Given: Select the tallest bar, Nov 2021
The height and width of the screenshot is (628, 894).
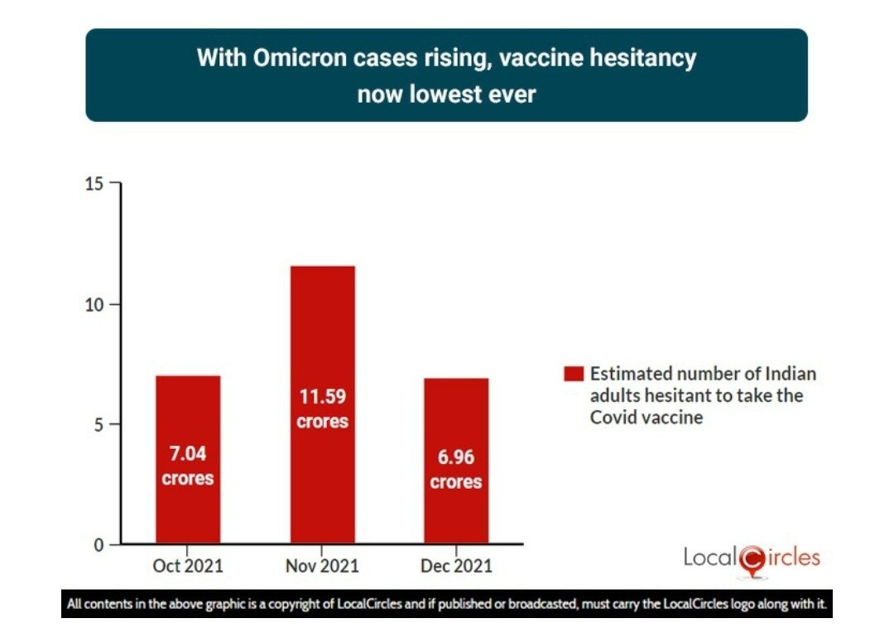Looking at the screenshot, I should (322, 348).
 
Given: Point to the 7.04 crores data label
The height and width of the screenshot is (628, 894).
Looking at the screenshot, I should (188, 466).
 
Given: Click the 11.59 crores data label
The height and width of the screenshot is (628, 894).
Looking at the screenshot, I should (322, 408).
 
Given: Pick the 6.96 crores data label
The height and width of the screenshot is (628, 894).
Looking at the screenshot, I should (456, 470).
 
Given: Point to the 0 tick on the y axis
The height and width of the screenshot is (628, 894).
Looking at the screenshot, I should (99, 545).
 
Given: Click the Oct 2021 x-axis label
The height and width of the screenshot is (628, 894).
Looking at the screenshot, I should (188, 567).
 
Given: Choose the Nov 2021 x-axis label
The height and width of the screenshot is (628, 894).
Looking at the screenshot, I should (322, 567).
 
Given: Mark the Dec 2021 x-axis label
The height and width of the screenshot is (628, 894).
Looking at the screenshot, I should (456, 567).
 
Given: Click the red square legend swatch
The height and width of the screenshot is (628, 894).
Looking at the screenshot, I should (573, 374).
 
